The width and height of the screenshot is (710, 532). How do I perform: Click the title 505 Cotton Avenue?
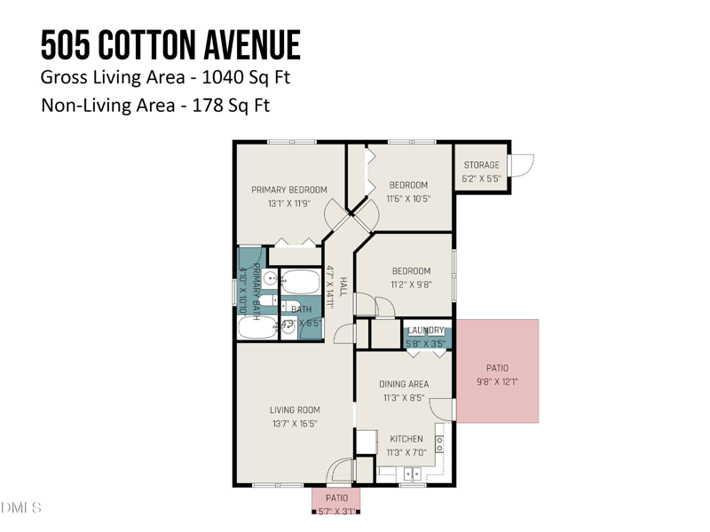pyautogui.click(x=170, y=44)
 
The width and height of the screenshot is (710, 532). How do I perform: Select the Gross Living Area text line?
pyautogui.click(x=166, y=77)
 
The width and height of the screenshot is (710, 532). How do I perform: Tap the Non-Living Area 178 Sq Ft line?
pyautogui.click(x=155, y=106)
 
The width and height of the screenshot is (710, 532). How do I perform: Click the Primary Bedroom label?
pyautogui.click(x=288, y=190)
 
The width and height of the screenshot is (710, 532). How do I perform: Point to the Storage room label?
pyautogui.click(x=481, y=165)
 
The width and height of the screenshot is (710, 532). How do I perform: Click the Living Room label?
pyautogui.click(x=295, y=411)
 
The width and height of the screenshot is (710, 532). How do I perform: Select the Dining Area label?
pyautogui.click(x=404, y=385)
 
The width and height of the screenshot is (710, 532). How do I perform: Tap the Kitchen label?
pyautogui.click(x=406, y=439)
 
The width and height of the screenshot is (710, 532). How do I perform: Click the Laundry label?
pyautogui.click(x=425, y=331)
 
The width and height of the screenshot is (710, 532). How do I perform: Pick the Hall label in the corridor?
pyautogui.click(x=343, y=286)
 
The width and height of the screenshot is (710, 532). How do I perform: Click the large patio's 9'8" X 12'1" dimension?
pyautogui.click(x=496, y=383)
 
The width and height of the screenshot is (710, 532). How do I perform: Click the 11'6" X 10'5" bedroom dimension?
pyautogui.click(x=408, y=199)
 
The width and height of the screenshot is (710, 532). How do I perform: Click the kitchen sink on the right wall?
pyautogui.click(x=438, y=443)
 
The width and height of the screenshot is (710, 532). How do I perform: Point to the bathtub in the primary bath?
pyautogui.click(x=258, y=326)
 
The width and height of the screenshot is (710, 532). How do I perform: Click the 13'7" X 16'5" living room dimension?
pyautogui.click(x=295, y=424)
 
